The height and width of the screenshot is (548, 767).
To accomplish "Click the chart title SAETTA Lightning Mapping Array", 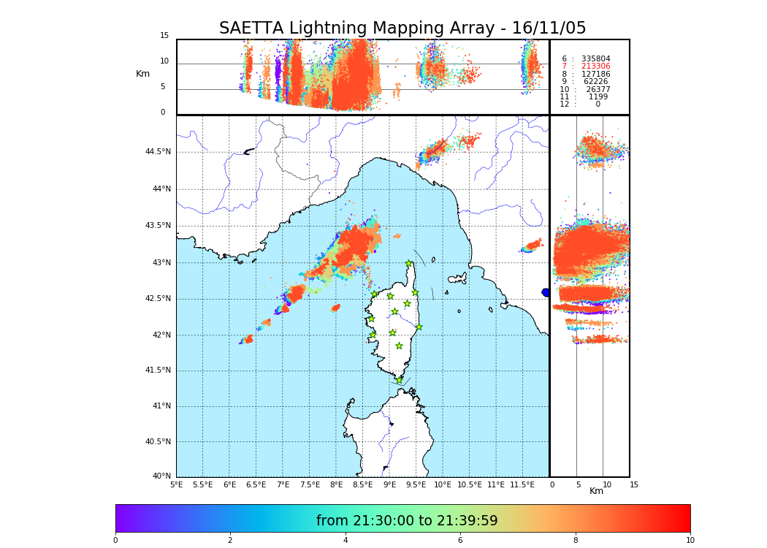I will coord(402,28).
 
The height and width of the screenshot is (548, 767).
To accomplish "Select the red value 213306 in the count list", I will coord(595,66).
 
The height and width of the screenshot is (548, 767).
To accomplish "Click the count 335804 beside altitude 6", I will coord(595,58).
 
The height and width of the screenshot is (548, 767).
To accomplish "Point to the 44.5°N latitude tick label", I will coord(158,152).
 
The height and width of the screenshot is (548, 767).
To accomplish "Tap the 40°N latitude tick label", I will coord(161,476).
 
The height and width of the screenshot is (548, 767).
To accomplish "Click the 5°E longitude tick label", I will coord(176,484).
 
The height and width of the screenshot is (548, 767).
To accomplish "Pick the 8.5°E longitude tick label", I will coord(363,484).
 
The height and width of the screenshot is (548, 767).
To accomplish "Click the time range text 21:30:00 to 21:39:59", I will coord(407,521).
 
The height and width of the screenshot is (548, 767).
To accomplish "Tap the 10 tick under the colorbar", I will coord(690,540).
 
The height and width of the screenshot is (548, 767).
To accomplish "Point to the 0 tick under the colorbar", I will coord(115,540).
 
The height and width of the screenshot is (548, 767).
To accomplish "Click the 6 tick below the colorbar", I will coord(460,540).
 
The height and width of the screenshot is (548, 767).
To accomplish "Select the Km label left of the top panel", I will coord(142,74).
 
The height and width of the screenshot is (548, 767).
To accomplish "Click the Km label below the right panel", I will coord(597,491).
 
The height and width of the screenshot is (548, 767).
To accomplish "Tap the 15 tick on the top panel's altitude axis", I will coord(164,36).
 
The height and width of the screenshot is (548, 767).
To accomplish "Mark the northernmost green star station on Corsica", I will coord(409,264).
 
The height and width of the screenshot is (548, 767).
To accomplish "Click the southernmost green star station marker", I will coord(399,380).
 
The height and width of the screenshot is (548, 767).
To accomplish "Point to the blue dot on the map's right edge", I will coord(546,292).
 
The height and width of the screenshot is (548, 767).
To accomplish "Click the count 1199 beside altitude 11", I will coord(598,96).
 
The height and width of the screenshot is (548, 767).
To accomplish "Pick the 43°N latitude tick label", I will coord(161,262).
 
